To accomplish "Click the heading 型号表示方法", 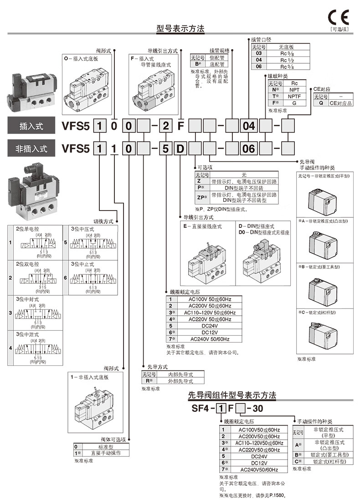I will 180,29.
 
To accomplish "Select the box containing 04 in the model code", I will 250,125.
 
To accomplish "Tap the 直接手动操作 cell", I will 105,453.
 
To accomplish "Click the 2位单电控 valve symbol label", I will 28,229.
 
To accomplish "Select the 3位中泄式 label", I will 28,334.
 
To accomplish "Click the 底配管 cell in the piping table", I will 217,64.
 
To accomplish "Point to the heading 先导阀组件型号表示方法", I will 232,395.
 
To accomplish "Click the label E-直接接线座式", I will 202,226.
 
